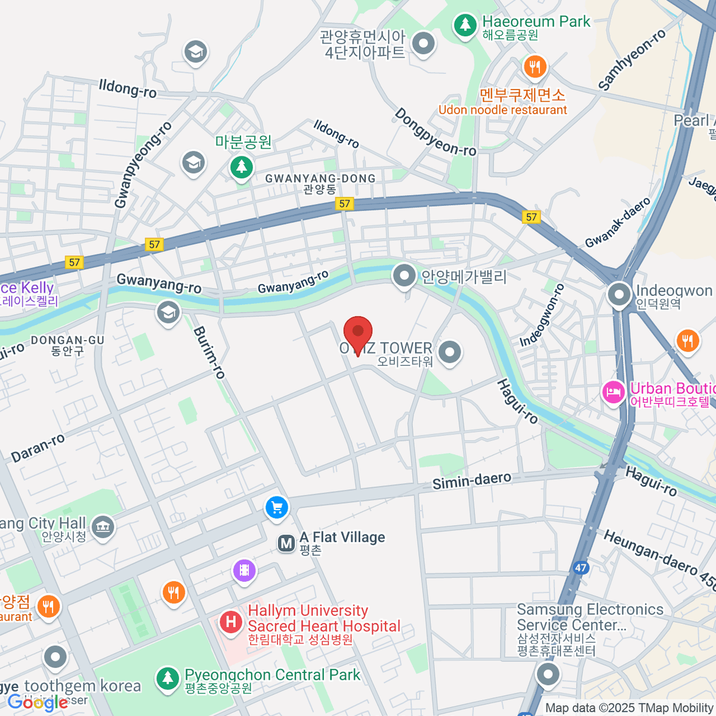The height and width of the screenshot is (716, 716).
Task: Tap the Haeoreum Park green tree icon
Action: (464, 24)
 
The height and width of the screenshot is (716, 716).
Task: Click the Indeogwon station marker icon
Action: (619, 294)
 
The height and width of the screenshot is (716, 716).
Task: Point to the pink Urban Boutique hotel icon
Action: (613, 393)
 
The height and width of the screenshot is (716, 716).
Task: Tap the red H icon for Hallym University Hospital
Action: (231, 622)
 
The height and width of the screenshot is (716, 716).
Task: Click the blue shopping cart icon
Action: (276, 508)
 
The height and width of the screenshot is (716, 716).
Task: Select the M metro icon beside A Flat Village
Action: (286, 544)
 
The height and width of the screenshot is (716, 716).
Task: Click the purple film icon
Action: (244, 570)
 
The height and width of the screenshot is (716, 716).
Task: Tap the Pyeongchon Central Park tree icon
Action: (168, 678)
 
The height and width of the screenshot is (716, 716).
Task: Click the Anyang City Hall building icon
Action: (103, 527)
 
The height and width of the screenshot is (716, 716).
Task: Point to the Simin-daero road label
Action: (471, 480)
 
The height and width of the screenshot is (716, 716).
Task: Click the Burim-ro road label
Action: (209, 353)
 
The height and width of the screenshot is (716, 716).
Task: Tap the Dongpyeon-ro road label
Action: (435, 132)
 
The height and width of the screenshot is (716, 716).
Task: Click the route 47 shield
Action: (581, 567)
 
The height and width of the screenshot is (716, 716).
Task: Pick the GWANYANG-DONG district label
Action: (320, 178)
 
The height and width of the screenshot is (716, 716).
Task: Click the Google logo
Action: (37, 703)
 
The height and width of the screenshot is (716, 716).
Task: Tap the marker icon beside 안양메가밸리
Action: (405, 276)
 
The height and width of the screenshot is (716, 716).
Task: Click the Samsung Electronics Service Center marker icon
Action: (548, 675)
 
